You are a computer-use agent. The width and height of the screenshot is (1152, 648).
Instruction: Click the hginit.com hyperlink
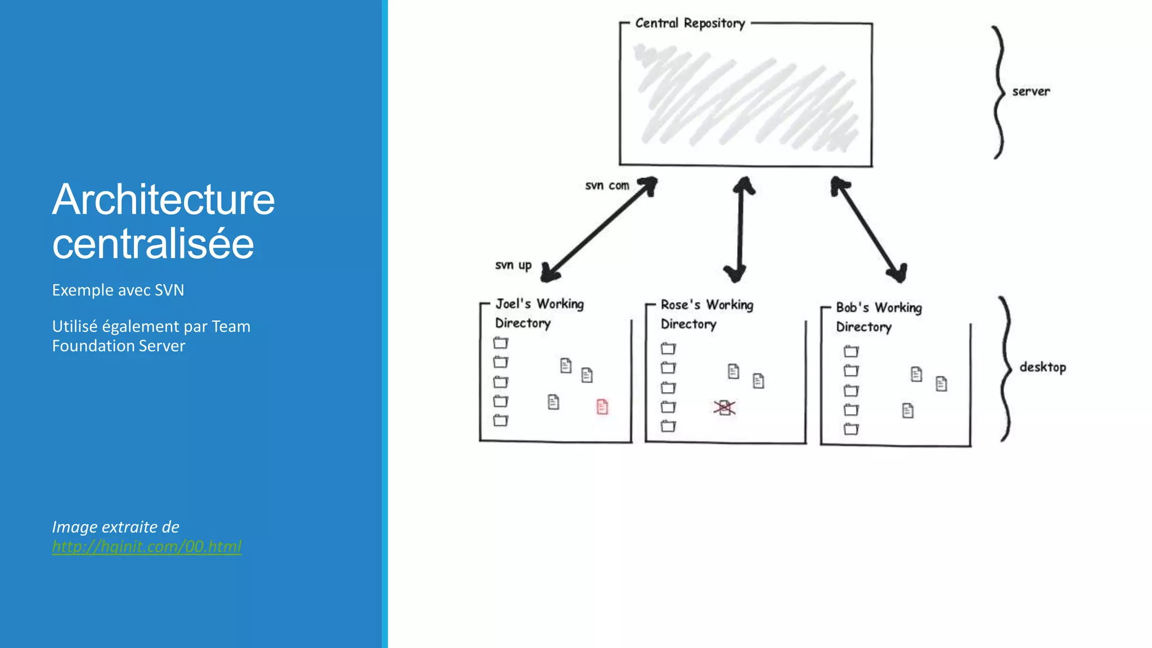pos(146,546)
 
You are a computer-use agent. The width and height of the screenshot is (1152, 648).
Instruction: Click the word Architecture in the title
pos(163,200)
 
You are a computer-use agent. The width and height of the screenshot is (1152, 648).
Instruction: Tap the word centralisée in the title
pos(153,244)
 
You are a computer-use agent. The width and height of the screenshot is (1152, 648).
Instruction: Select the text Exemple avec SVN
pos(118,290)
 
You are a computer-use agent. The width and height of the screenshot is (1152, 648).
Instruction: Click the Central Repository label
pos(690,24)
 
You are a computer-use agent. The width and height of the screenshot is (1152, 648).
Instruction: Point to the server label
pos(1030,91)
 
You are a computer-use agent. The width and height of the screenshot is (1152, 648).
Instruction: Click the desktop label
pos(1042,367)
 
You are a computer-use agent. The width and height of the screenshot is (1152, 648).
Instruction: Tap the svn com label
pos(607,186)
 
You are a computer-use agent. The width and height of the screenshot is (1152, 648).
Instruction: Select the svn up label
pos(513,265)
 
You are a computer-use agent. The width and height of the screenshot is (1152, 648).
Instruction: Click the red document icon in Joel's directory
pos(602,407)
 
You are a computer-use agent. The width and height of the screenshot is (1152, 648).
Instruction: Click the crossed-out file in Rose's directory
pos(724,408)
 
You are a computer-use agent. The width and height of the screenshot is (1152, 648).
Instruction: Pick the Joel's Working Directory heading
pos(539,313)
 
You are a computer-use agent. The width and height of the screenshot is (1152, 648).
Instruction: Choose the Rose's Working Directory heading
pos(706,314)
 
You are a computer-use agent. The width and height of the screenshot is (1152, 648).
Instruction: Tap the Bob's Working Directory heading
pos(879,317)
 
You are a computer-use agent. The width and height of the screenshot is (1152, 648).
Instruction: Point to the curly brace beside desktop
pos(1006,368)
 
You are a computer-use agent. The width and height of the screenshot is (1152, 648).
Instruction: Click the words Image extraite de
pos(115,527)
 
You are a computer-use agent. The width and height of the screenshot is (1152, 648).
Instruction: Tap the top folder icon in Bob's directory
pos(851,352)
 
